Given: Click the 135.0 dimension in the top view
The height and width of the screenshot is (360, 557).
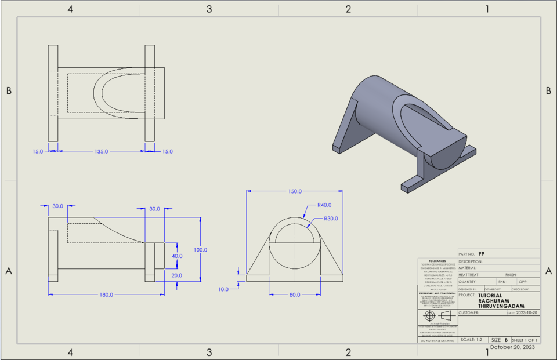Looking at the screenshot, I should pyautogui.click(x=102, y=151).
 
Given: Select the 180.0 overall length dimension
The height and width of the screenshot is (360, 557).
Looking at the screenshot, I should pyautogui.click(x=106, y=294).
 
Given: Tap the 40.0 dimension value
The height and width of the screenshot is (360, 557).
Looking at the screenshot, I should pyautogui.click(x=177, y=256).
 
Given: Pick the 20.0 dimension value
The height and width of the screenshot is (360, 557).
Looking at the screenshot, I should pyautogui.click(x=177, y=275).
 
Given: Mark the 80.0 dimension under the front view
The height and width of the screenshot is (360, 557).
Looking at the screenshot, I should pyautogui.click(x=295, y=294).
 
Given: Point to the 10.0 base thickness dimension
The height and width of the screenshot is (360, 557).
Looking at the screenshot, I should pyautogui.click(x=223, y=289).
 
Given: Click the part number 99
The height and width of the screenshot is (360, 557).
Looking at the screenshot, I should pyautogui.click(x=482, y=254).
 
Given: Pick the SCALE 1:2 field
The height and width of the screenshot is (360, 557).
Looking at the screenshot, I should pyautogui.click(x=470, y=340).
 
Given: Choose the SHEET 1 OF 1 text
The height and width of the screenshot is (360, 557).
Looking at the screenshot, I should pyautogui.click(x=525, y=340).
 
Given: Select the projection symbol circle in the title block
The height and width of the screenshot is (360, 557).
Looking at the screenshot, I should pyautogui.click(x=430, y=315).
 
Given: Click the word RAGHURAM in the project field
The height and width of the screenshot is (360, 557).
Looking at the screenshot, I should pyautogui.click(x=494, y=300).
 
